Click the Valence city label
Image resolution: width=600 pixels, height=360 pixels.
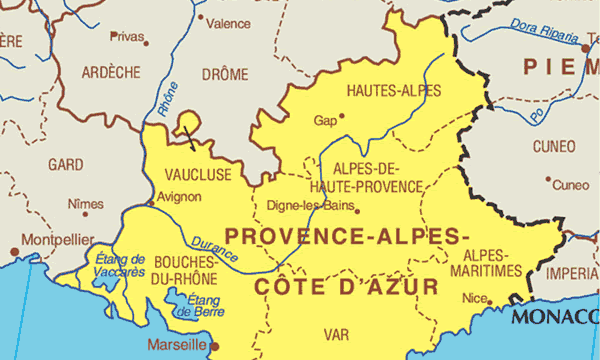230,22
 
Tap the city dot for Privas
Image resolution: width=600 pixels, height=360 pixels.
146,42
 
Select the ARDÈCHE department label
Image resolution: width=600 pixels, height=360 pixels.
111,72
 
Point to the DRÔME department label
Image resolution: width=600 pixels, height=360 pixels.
224,73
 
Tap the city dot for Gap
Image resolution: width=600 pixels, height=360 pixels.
342,115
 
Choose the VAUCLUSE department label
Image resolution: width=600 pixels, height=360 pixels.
197,175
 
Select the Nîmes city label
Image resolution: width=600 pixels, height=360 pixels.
85,203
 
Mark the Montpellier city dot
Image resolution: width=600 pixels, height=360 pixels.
14,250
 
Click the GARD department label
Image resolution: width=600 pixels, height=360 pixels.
66,162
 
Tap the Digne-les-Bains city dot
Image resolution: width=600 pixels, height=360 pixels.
356,210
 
